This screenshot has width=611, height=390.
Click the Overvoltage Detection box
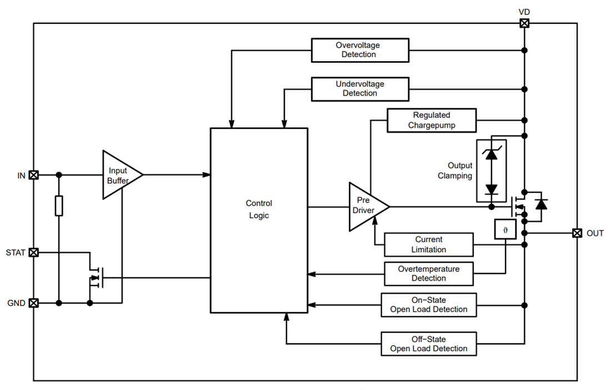click(x=360, y=50)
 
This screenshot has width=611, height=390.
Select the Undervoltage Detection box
click(x=360, y=89)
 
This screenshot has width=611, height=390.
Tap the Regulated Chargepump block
click(x=431, y=121)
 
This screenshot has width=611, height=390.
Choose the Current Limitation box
click(x=428, y=245)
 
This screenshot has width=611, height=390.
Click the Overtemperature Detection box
click(x=429, y=273)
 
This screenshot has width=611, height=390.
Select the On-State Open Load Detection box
click(x=428, y=305)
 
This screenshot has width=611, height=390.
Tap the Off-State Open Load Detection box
click(x=428, y=344)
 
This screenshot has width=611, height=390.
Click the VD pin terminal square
click(x=524, y=23)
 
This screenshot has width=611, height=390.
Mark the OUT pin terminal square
click(x=577, y=233)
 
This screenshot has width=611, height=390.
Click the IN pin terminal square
click(x=34, y=175)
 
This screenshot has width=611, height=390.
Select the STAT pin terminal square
click(x=34, y=253)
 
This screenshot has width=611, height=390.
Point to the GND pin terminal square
click(x=34, y=303)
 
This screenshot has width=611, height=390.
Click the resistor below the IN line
click(x=59, y=206)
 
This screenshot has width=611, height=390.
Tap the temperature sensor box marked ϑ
click(x=505, y=229)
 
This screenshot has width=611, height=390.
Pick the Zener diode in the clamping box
click(x=491, y=154)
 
